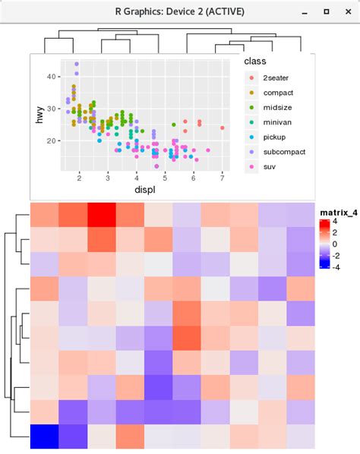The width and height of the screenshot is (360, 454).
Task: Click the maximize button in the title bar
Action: pos(326,12)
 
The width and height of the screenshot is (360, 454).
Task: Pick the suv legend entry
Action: pos(270,166)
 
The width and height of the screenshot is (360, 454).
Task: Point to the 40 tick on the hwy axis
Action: pos(50,77)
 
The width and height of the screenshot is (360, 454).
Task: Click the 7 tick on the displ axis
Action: pos(222,178)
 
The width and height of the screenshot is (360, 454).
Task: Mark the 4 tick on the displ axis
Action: pos(137,178)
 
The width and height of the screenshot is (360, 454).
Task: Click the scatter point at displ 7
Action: pos(223,128)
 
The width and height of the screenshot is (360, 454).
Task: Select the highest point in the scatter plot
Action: pos(76,65)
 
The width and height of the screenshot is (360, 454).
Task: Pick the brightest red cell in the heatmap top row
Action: pos(102,215)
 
